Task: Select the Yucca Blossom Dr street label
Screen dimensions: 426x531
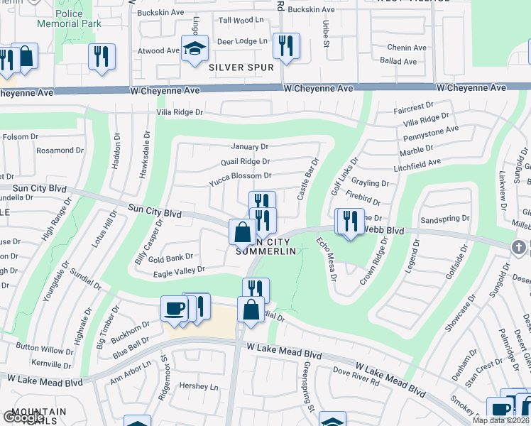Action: point(240,176)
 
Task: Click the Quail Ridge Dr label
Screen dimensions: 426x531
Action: point(245,162)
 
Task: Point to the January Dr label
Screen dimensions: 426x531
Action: point(249,147)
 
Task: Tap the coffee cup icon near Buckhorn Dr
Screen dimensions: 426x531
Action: point(175,309)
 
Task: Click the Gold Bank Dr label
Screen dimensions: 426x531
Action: point(171,258)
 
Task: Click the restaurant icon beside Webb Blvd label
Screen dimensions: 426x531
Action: point(350,222)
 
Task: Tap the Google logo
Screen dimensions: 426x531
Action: point(23,417)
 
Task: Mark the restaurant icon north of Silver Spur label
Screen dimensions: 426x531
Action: point(286,46)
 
